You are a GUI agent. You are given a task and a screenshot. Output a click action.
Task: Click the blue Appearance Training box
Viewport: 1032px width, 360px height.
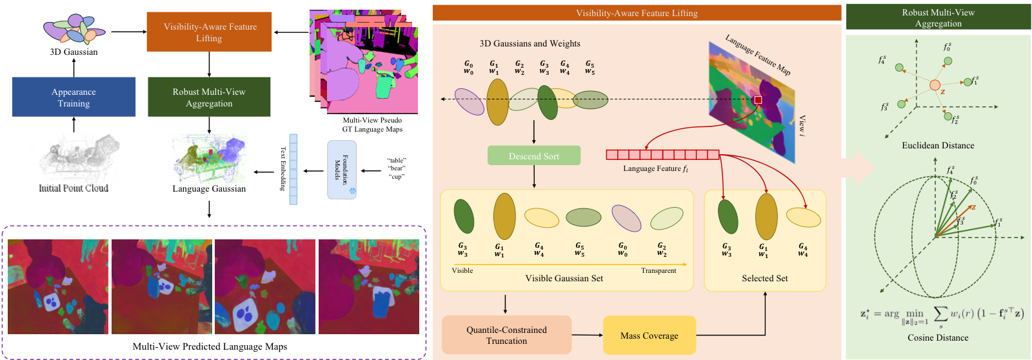pos(74,97)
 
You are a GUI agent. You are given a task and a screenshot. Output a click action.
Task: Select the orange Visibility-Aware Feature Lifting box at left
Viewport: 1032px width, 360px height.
pos(209,32)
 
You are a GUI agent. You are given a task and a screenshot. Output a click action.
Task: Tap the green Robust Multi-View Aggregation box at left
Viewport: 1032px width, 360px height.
pos(209,97)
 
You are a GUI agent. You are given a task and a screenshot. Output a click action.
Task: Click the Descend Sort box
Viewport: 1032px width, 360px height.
pos(534,155)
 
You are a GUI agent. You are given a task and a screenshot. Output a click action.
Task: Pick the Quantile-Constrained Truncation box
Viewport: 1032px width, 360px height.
pos(506,335)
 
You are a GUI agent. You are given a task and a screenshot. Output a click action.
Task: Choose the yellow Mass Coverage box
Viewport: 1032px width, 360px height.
pos(649,335)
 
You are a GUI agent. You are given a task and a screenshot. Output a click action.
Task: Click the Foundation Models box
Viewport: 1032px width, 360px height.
pos(342,170)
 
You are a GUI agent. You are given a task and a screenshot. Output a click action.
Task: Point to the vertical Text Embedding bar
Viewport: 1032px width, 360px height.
pos(293,169)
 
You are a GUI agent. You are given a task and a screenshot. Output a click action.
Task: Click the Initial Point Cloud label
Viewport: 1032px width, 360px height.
pos(74,188)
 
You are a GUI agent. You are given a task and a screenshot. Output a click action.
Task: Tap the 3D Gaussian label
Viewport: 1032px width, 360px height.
pos(74,52)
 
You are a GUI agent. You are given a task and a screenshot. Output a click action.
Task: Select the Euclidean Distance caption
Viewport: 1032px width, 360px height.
pos(938,146)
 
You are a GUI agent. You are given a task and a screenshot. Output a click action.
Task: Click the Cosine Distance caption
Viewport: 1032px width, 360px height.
pos(938,338)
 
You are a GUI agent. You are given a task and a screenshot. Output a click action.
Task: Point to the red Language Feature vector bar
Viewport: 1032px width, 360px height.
pos(662,155)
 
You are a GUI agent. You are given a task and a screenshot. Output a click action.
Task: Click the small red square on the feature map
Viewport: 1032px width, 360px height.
pos(758,100)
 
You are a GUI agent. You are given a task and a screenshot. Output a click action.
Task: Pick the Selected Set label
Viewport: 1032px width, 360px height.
pos(765,279)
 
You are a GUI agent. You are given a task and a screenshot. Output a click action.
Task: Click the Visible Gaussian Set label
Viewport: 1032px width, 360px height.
pos(564,279)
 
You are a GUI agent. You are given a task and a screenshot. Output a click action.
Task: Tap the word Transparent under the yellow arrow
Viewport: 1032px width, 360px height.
pos(658,271)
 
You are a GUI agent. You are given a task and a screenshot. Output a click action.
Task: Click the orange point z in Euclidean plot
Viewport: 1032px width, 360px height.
pos(935,85)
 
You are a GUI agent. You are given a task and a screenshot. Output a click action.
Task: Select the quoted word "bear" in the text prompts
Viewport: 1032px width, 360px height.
pos(397,168)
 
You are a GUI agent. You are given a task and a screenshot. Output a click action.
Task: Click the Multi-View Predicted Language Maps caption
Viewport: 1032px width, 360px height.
pos(210,347)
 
